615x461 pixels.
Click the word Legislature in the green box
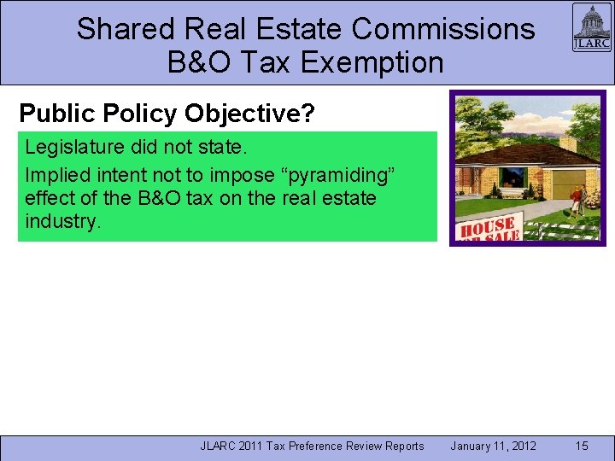pyautogui.click(x=76, y=147)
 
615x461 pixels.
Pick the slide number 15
pyautogui.click(x=582, y=446)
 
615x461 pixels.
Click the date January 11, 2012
pyautogui.click(x=493, y=446)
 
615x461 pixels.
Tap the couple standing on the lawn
pyautogui.click(x=577, y=201)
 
